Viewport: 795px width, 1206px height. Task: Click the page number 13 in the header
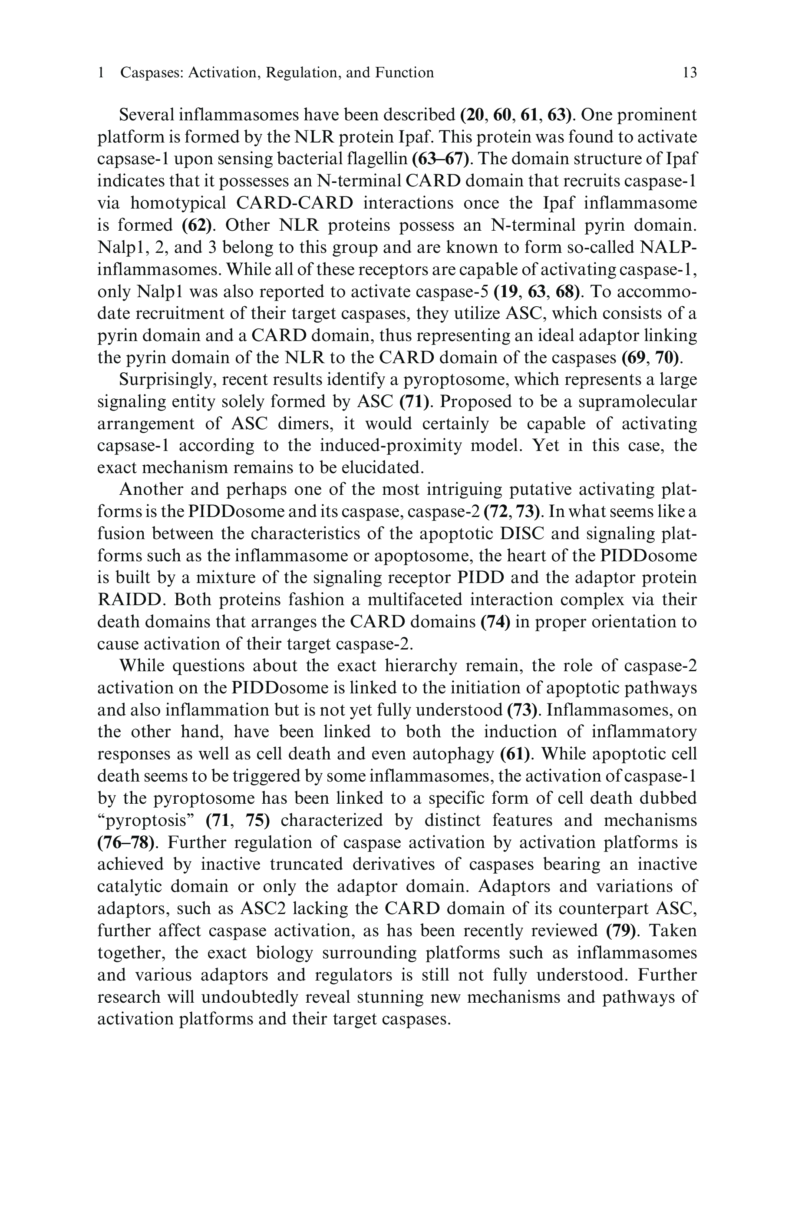(x=689, y=73)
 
